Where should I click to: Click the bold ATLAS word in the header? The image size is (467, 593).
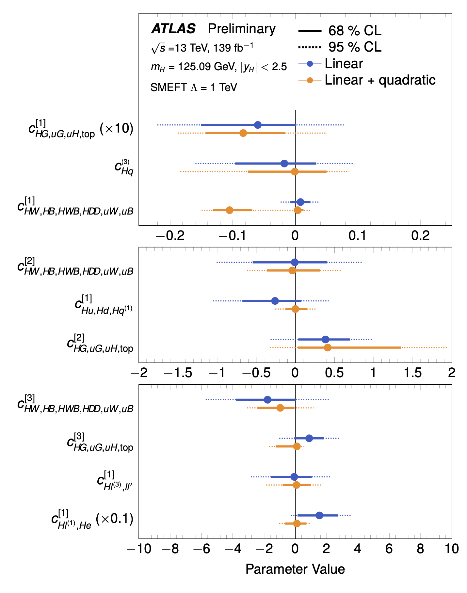click(x=173, y=29)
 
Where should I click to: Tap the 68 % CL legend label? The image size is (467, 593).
click(x=355, y=31)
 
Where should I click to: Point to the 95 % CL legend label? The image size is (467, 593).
click(x=355, y=47)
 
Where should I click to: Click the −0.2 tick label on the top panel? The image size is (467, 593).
click(x=170, y=236)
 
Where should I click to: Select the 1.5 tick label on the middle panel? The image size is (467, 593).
click(x=412, y=373)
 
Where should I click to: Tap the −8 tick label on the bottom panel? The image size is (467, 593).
click(x=170, y=549)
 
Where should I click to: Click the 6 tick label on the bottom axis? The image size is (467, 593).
click(x=389, y=549)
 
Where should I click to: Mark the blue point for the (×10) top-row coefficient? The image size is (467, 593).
click(x=258, y=125)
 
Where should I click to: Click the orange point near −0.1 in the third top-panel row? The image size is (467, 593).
click(x=230, y=210)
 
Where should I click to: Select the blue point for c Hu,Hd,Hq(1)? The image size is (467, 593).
click(x=275, y=301)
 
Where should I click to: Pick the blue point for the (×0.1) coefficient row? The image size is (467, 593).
click(x=319, y=515)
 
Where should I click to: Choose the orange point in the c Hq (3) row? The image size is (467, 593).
click(x=295, y=171)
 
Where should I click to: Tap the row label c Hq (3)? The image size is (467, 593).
click(x=124, y=168)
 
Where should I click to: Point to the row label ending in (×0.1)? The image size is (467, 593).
click(x=92, y=520)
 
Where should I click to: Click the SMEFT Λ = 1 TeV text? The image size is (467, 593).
click(x=194, y=88)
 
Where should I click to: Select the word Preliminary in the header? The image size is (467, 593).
click(x=242, y=29)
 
